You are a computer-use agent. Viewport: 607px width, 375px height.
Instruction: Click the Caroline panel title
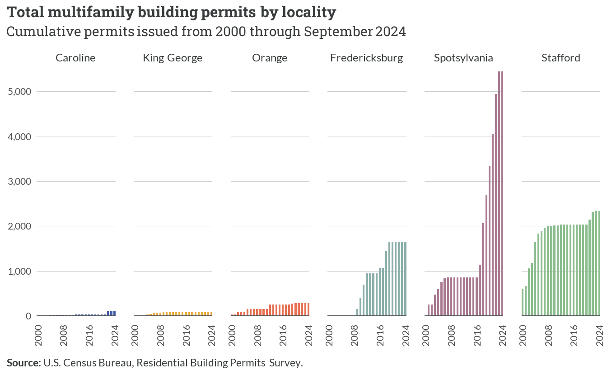tap(75, 58)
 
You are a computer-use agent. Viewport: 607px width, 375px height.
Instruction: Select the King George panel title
tap(173, 58)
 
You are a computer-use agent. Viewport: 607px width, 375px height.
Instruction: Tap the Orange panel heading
tap(270, 58)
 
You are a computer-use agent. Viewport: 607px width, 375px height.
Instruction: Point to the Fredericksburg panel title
tap(367, 58)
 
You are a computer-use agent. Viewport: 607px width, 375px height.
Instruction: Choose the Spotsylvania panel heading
tap(463, 58)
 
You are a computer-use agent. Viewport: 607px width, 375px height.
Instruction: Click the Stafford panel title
tap(560, 58)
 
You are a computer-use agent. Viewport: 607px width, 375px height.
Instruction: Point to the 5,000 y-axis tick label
tap(19, 92)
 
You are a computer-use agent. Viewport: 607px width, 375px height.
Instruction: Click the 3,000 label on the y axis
tap(19, 181)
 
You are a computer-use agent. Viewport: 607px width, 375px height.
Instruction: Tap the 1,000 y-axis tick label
tap(19, 271)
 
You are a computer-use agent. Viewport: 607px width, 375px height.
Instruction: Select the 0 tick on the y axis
tap(28, 316)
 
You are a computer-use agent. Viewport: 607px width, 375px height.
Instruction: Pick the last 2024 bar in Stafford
tap(599, 263)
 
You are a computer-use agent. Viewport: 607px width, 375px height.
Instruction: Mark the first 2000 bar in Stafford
tap(523, 302)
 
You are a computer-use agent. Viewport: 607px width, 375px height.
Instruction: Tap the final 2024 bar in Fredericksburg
tap(406, 279)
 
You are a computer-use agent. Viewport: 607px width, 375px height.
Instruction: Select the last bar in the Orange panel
tap(308, 309)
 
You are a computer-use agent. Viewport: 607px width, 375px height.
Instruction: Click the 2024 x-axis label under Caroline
tap(115, 335)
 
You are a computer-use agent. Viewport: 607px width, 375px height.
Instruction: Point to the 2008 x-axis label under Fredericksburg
tap(354, 335)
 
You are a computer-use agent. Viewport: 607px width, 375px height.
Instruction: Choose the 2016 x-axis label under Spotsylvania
tap(477, 335)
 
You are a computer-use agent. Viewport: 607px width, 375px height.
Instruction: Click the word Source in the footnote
tap(23, 362)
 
